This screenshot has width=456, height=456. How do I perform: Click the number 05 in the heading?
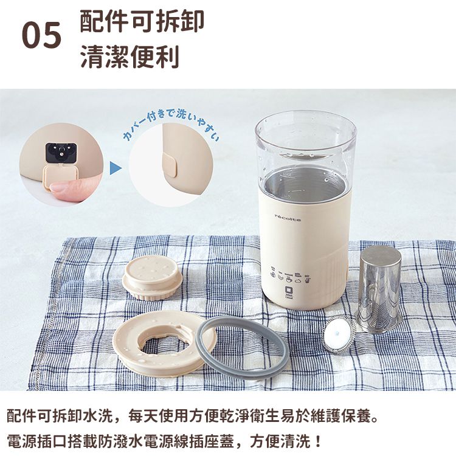pyautogui.click(x=42, y=36)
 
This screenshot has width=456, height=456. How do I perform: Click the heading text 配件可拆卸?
pyautogui.click(x=142, y=20)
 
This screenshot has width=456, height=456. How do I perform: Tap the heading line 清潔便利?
pyautogui.click(x=130, y=57)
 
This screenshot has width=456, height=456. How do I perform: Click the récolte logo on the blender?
pyautogui.click(x=288, y=216)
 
